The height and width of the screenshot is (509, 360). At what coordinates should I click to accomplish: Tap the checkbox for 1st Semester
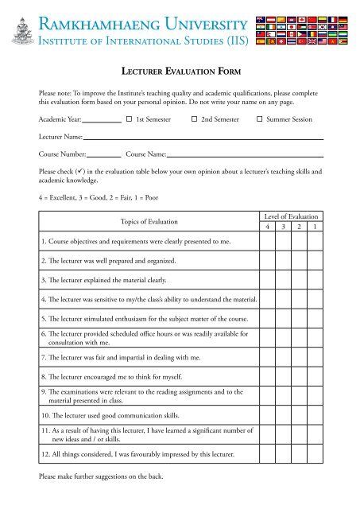tap(129, 119)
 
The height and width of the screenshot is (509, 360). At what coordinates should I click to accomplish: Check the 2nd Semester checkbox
tap(194, 119)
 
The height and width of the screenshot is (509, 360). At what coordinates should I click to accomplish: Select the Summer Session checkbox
tap(259, 119)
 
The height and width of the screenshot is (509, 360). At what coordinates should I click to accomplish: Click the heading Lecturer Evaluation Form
tap(180, 72)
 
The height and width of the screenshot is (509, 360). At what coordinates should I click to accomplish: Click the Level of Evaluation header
tap(291, 216)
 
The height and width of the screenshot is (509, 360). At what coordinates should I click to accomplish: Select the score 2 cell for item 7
tap(300, 357)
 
